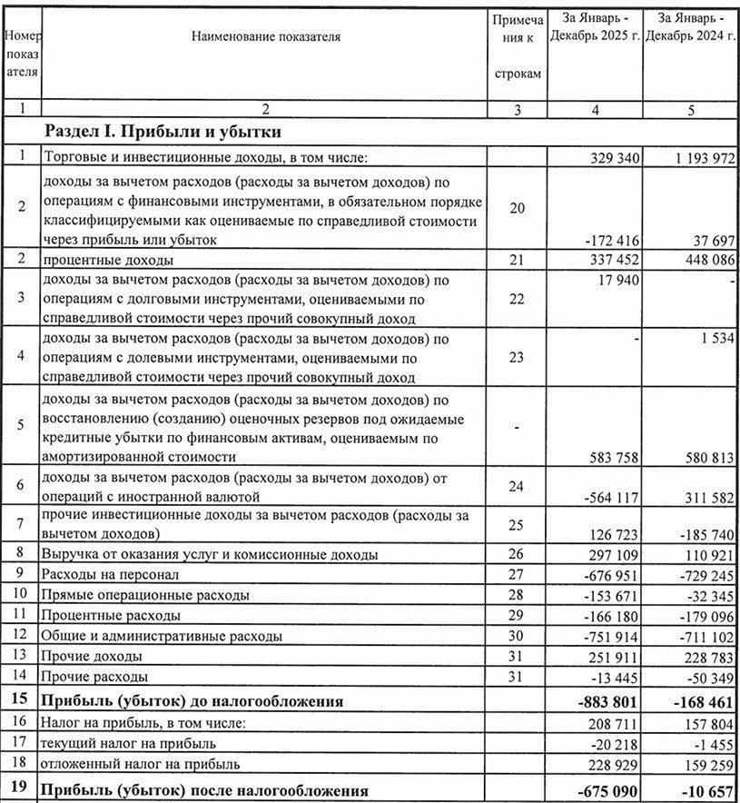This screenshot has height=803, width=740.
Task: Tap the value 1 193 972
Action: click(x=698, y=158)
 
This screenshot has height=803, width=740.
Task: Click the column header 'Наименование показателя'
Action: click(x=265, y=37)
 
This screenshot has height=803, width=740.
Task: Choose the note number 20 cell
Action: click(x=517, y=209)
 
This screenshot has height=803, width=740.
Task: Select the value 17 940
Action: click(x=618, y=281)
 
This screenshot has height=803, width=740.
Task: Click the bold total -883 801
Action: click(x=607, y=701)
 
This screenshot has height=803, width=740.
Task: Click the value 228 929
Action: click(x=611, y=764)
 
